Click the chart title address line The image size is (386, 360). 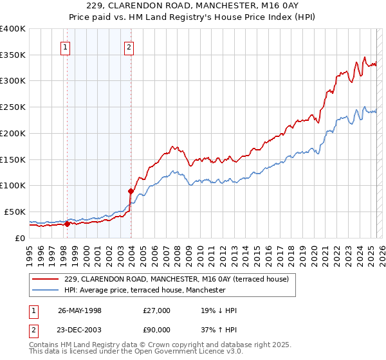point(192,7)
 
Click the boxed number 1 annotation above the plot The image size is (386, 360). point(66,46)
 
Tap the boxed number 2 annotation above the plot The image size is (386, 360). point(129,46)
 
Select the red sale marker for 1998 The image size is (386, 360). point(67,224)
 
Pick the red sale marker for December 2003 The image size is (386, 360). point(131,191)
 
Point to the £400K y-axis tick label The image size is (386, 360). point(13,29)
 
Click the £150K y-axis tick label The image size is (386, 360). point(13,159)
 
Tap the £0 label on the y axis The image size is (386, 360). point(21,238)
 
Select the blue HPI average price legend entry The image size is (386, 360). point(145,291)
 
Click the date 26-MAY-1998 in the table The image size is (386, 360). point(80,310)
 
